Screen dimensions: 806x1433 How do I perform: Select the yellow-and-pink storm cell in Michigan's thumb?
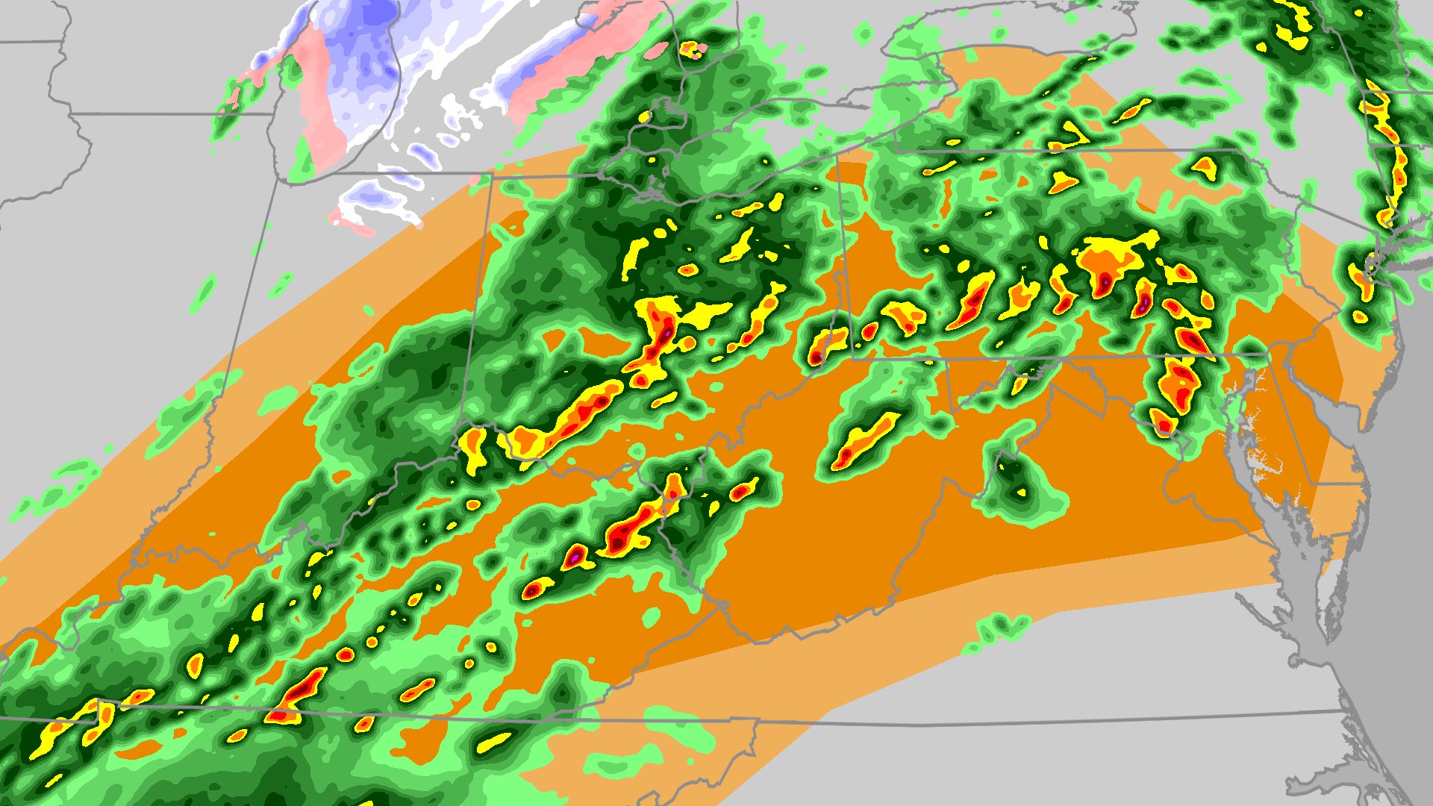pyautogui.click(x=693, y=50)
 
